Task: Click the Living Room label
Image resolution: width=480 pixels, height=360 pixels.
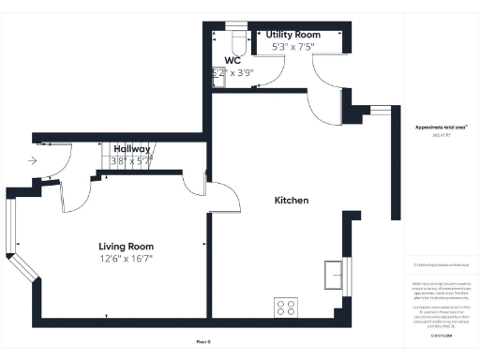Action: [x=126, y=246]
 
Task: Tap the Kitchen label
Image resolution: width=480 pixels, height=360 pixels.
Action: [x=291, y=201]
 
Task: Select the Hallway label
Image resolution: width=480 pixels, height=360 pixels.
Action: [x=132, y=148]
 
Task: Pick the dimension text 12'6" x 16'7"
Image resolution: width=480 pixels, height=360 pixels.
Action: [x=126, y=258]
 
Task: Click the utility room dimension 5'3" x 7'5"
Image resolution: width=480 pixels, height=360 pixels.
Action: [x=293, y=45]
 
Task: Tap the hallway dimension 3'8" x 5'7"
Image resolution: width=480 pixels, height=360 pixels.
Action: [x=132, y=160]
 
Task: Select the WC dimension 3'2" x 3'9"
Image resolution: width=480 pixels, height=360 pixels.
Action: [x=232, y=71]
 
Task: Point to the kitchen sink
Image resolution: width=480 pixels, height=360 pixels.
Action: [x=335, y=273]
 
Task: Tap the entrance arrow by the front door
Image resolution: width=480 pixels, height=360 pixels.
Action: [x=34, y=160]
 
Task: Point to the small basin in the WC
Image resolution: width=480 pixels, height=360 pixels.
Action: [x=219, y=81]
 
